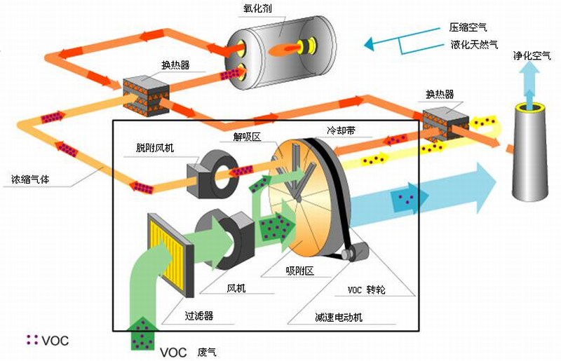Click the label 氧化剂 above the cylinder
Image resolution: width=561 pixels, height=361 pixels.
coord(257,8)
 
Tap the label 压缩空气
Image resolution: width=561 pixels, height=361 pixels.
coord(468,27)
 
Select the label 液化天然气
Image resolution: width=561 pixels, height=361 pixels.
coord(475,44)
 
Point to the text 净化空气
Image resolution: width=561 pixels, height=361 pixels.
coord(532,55)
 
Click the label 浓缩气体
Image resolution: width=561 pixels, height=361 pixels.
coord(30,179)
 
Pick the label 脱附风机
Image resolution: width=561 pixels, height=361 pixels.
coord(154,148)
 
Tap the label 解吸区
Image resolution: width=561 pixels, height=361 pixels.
coord(248,136)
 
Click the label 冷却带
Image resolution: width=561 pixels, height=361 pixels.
coord(341,130)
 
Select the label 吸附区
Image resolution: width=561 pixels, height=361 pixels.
coord(300,271)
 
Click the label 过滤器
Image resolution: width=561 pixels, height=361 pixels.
coord(199,315)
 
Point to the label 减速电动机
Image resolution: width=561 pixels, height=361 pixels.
coord(339,317)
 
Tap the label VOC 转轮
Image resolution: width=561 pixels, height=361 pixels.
coord(366,290)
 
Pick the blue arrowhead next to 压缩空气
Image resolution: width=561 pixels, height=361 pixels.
coord(370,43)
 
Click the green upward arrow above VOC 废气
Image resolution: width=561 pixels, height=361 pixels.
coord(143,334)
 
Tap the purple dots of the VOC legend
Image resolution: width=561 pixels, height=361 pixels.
coord(32,339)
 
